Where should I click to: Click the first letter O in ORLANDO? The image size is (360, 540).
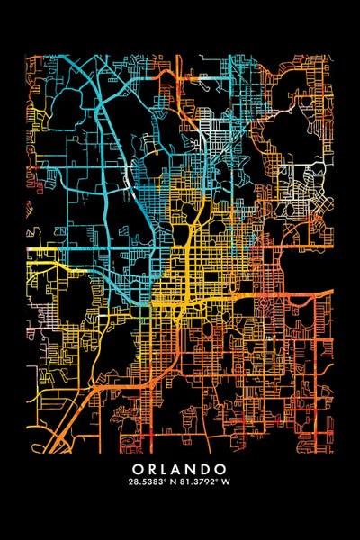point(137,469)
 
